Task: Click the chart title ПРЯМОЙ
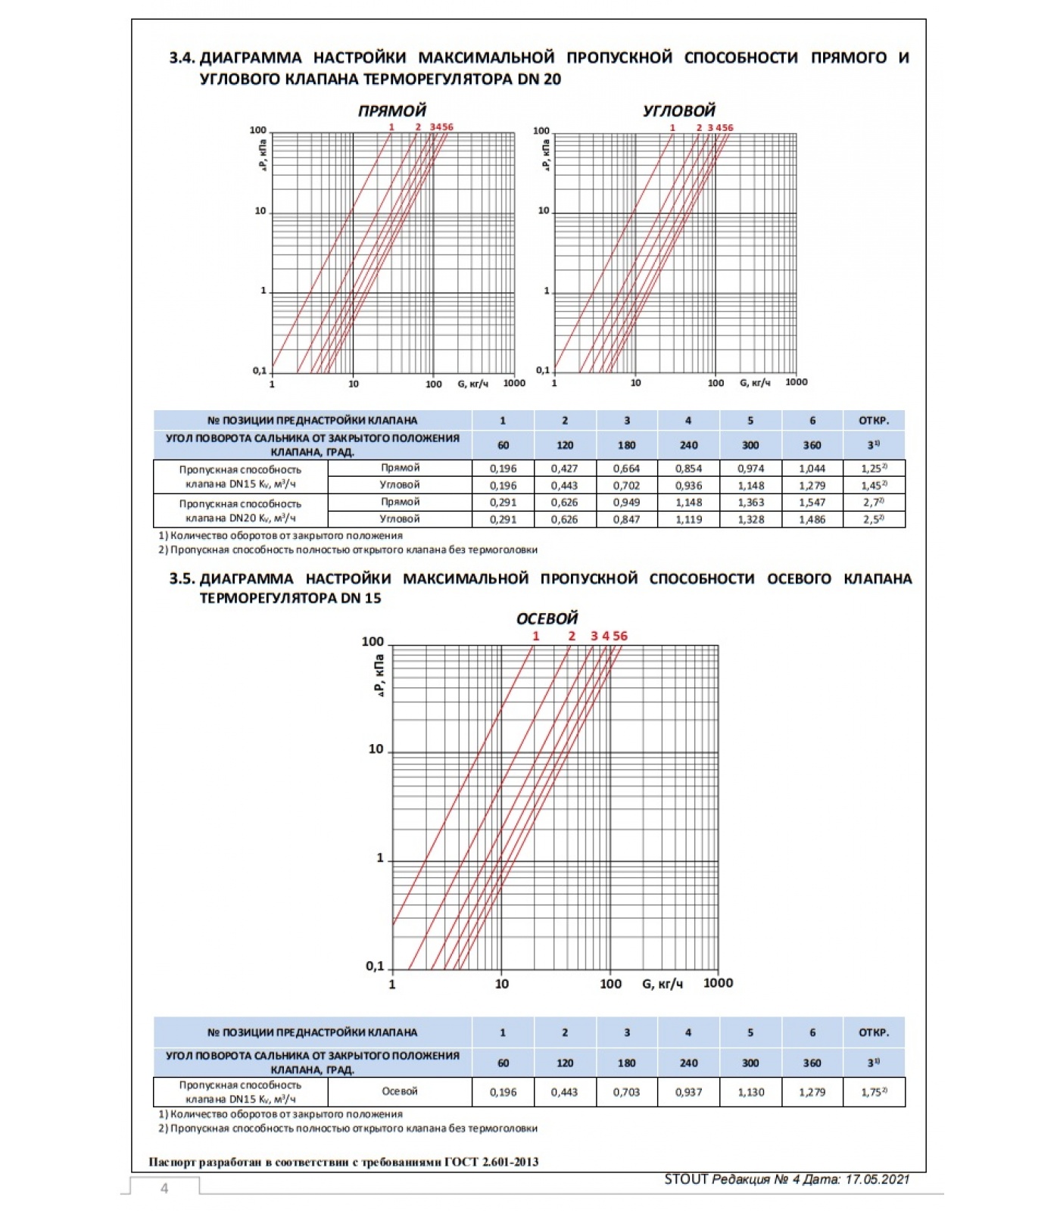(x=391, y=111)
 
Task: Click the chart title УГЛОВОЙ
(x=678, y=111)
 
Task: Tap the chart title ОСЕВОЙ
(x=547, y=618)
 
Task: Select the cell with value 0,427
(x=564, y=469)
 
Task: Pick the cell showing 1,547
(x=812, y=503)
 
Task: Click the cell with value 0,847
(x=626, y=519)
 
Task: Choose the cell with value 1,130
(x=750, y=1092)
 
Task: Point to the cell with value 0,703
(x=626, y=1092)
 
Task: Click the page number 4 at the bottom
(x=164, y=1188)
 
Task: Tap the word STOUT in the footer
(x=686, y=1179)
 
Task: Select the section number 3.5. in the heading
(x=182, y=579)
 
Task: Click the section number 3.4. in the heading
(x=182, y=58)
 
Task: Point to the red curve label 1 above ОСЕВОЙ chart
(x=536, y=637)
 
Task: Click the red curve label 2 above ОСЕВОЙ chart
(x=572, y=637)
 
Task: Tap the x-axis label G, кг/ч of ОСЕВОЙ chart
(x=662, y=984)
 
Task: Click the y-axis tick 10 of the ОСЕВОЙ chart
(x=376, y=749)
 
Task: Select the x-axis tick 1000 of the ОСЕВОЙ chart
(x=718, y=983)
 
